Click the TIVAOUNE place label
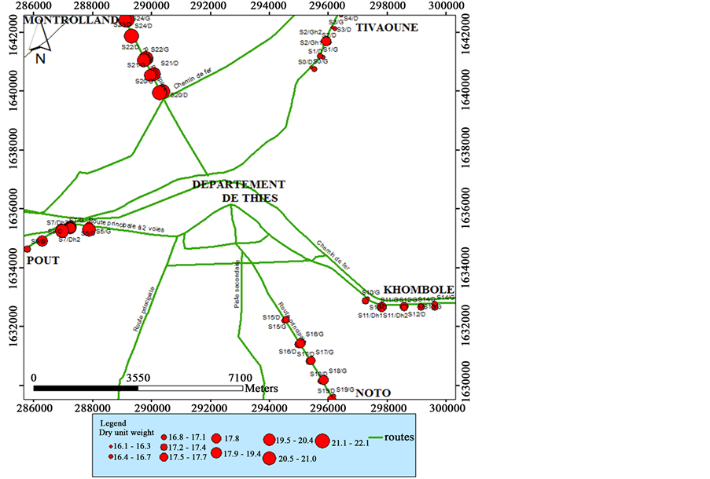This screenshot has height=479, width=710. point(388,27)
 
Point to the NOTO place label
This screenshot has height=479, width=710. point(373,393)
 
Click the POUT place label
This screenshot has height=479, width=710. point(42,260)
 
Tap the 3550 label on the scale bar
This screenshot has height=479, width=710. point(138,377)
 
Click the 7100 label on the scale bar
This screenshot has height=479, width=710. point(240,377)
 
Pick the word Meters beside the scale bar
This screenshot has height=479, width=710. point(261,388)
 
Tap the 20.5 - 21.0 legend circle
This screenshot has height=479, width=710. point(270,459)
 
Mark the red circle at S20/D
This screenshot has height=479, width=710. point(160,93)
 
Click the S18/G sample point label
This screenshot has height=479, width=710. point(337,371)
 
